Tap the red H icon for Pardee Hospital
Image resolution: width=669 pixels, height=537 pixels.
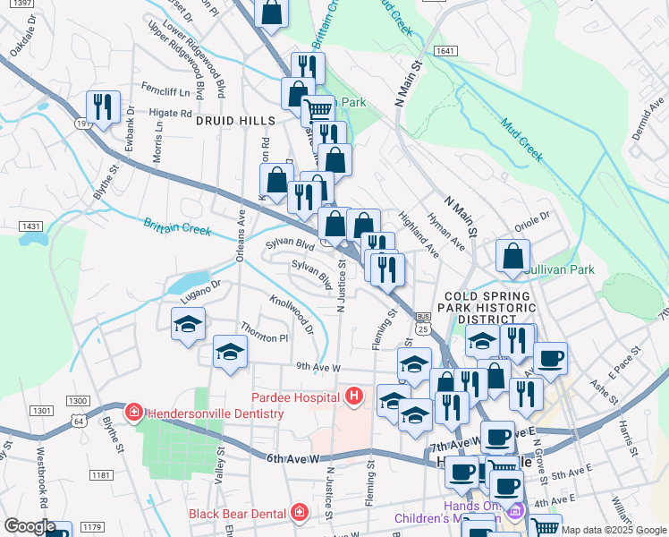point(355,395)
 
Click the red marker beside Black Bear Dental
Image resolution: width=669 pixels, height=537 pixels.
point(298,513)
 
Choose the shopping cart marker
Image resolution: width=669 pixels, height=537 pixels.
point(318,111)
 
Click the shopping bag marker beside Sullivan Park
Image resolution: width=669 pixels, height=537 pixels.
point(513,256)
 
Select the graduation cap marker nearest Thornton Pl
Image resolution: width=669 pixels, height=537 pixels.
point(230,352)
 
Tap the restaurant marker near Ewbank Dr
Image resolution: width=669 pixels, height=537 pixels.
point(103,108)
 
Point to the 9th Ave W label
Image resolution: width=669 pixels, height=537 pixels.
point(319,367)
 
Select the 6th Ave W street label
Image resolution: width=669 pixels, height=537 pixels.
point(292,458)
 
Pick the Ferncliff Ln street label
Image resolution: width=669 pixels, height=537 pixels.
point(166,91)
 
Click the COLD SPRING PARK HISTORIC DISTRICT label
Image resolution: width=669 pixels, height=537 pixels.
point(483,307)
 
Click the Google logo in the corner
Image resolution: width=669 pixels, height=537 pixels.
point(30,526)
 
